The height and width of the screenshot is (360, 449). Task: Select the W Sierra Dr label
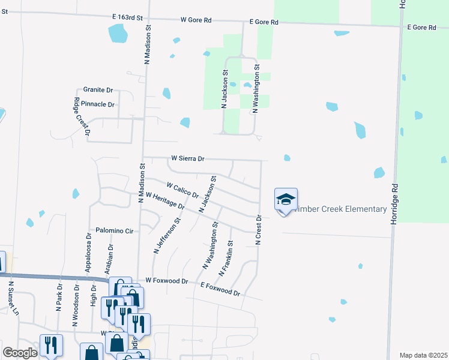(x=188, y=159)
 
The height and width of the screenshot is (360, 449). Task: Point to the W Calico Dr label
(x=182, y=190)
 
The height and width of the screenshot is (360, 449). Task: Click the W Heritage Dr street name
(x=164, y=202)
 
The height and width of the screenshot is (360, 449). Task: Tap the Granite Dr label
(x=98, y=89)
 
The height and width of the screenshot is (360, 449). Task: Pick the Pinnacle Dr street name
(x=98, y=104)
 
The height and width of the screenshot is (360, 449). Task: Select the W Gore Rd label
(x=196, y=20)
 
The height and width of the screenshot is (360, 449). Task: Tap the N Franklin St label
(x=226, y=259)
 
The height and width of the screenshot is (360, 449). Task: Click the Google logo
(x=20, y=353)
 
